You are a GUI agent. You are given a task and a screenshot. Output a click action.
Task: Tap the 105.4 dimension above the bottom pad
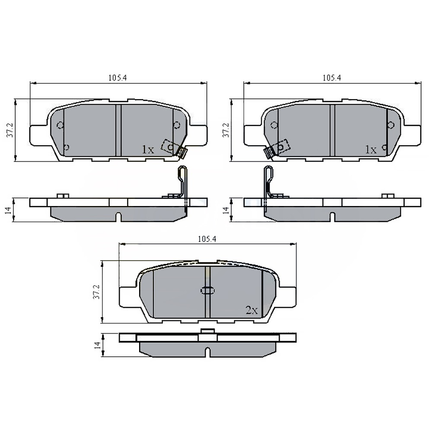(207, 240)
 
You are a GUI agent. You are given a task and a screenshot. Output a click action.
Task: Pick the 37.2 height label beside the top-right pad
(225, 130)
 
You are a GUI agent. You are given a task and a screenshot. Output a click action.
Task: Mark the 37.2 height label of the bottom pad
(96, 291)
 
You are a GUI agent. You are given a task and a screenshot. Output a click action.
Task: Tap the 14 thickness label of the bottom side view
(98, 345)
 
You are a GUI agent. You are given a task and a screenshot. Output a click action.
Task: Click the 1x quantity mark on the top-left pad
(148, 150)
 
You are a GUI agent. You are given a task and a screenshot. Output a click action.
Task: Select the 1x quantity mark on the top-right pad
(370, 150)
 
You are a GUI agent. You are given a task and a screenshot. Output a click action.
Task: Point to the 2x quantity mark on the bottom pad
(251, 310)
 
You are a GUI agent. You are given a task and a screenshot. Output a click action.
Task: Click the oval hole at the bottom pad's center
(208, 291)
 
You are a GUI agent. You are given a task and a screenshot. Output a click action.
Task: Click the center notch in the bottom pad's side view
(207, 352)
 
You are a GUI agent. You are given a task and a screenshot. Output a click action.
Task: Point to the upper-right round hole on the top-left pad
(177, 125)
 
